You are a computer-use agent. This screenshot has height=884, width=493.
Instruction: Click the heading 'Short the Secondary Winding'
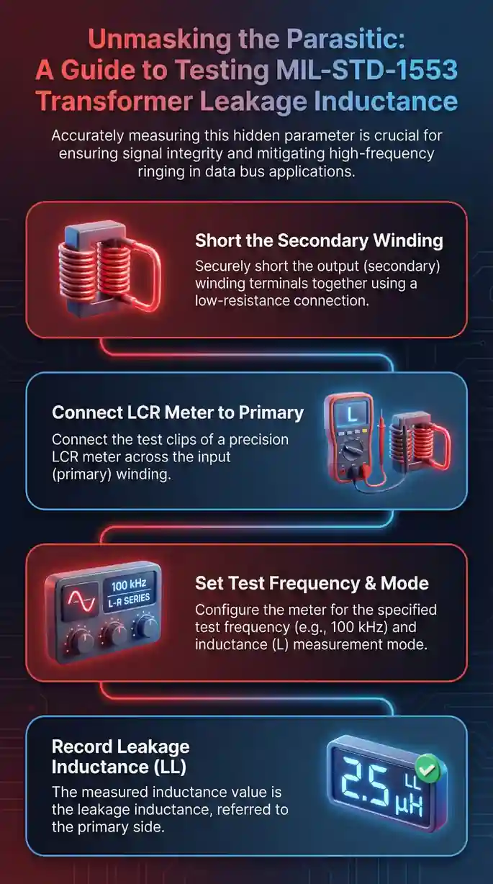319,240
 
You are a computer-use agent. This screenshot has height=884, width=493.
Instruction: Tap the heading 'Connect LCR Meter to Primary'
178,412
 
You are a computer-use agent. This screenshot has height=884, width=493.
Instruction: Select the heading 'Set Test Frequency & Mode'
312,583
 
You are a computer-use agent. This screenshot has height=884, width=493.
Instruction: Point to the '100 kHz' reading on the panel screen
129,585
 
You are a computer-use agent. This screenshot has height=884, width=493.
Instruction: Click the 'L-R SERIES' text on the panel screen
129,600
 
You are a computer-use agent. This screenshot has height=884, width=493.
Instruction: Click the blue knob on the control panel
145,626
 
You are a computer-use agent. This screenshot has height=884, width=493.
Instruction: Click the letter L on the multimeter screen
351,414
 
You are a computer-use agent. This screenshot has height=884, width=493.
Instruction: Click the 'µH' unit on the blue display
409,805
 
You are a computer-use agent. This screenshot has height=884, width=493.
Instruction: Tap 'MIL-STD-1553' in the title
366,70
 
